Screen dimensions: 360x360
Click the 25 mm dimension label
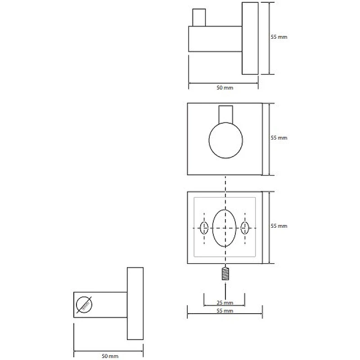point(225,302)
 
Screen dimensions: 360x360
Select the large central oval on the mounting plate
point(224,228)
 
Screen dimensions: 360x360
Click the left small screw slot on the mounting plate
point(204,228)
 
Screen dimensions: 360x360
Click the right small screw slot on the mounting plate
point(245,228)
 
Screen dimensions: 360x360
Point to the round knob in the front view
point(226,140)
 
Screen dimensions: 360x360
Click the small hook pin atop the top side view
point(199,18)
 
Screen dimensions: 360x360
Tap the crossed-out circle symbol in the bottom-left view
point(84,305)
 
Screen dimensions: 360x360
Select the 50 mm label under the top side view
point(225,88)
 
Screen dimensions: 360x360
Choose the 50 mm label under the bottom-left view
point(110,356)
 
